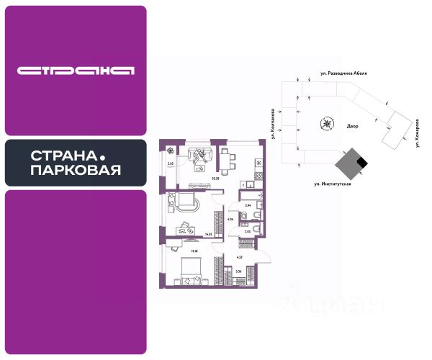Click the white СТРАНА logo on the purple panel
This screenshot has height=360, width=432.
(x=76, y=71)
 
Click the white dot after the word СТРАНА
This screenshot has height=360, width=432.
(x=103, y=156)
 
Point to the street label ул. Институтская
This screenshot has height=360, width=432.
(x=331, y=184)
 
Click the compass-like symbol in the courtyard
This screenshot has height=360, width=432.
(x=328, y=123)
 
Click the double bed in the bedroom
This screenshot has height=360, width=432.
(x=189, y=269)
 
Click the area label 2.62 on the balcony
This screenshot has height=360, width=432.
(x=171, y=164)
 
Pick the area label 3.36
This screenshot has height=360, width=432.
(x=238, y=271)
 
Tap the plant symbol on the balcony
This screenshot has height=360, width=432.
(x=171, y=150)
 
